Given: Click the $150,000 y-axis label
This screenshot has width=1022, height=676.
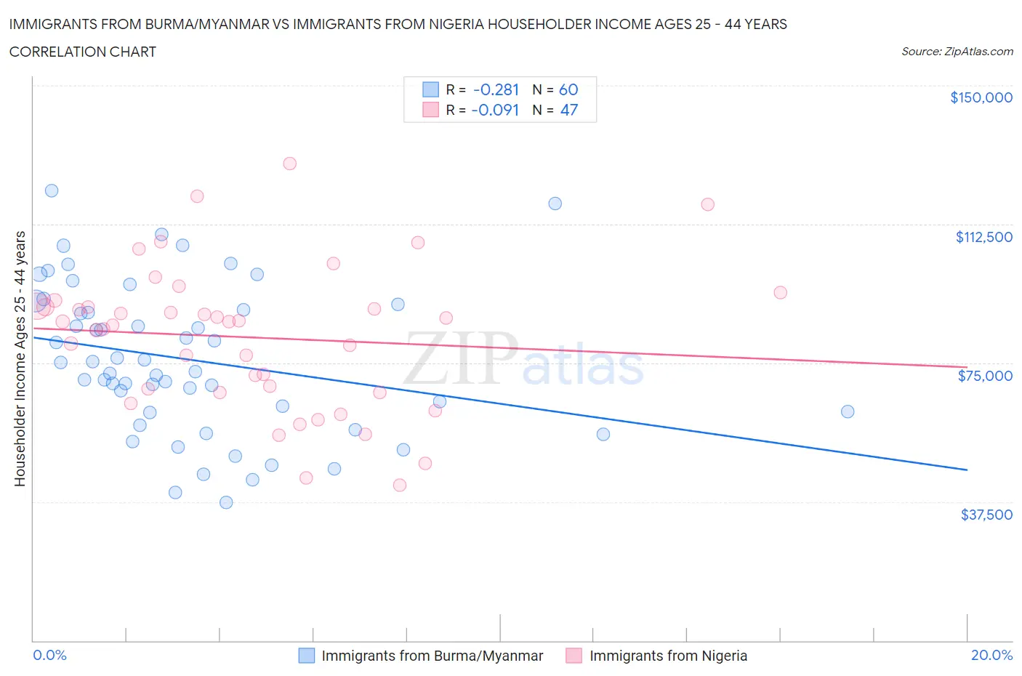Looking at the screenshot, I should pos(981,97).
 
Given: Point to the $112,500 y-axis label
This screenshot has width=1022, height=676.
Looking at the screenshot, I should pos(983,237).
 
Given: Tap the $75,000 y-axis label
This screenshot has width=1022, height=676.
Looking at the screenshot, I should pos(985,376).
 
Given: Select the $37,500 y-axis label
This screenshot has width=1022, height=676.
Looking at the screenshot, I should pos(986,515).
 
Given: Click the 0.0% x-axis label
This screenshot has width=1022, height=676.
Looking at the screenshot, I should pos(49,655).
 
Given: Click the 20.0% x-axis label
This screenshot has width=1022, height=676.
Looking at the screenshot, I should pos(991,655).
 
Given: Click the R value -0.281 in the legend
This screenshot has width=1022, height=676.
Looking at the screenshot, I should pos(496,89).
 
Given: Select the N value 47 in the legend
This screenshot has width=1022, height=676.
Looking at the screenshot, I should pos(568,110).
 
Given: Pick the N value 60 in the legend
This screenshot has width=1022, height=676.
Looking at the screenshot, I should pos(568,89).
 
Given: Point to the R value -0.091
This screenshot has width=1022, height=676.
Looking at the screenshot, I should pos(495,110).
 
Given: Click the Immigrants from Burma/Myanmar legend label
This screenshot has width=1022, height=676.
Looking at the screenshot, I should pos(432,656).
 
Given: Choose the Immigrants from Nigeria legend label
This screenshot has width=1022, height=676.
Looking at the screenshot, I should pos(668,656).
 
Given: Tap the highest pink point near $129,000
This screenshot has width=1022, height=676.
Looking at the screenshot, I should pos(289,164).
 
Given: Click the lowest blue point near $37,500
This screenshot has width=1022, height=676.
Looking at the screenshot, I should pos(226,502).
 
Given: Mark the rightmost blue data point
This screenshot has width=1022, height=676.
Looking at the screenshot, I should pos(848,411).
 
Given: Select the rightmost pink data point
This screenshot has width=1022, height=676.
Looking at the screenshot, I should pos(780,292).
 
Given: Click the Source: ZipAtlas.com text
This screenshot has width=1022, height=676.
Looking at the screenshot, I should pos(957,52).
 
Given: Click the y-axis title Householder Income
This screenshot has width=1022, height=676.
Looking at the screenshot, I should pos(20,358).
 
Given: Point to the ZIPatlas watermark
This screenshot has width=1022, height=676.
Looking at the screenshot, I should pos(523,359).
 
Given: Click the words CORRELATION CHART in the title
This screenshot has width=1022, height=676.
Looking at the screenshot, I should pos(83,52).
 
